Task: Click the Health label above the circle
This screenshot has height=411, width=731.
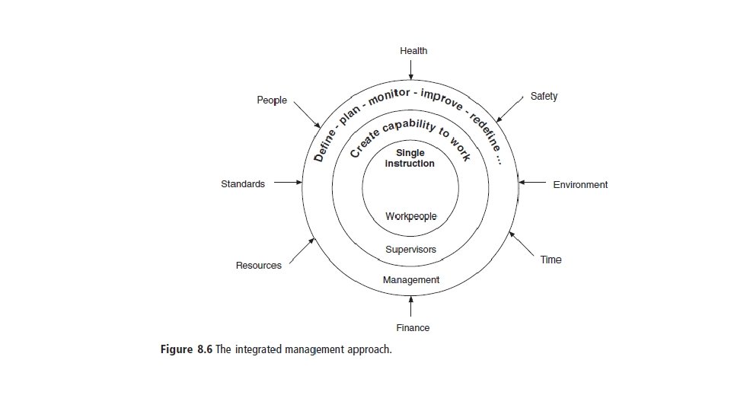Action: click(413, 51)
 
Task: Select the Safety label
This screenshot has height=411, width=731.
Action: click(544, 97)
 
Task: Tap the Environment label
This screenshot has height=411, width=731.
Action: click(580, 184)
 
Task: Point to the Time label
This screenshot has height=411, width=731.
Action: click(551, 260)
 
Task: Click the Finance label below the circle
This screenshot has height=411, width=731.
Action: click(413, 328)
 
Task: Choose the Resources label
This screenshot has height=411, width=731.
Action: click(258, 266)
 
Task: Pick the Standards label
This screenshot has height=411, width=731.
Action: click(243, 183)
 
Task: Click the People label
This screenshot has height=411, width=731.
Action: click(272, 100)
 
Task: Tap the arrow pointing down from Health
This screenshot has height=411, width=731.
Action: click(410, 69)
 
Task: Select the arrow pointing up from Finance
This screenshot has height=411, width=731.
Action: click(410, 306)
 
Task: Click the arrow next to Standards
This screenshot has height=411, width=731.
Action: click(288, 183)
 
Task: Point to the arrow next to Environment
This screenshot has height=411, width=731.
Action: click(532, 183)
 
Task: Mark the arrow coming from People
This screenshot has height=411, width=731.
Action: click(307, 115)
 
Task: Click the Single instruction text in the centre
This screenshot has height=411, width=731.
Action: click(410, 158)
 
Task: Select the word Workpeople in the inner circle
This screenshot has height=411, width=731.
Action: click(411, 217)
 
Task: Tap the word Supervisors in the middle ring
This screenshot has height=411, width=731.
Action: click(411, 250)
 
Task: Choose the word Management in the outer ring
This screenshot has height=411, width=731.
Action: click(411, 280)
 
